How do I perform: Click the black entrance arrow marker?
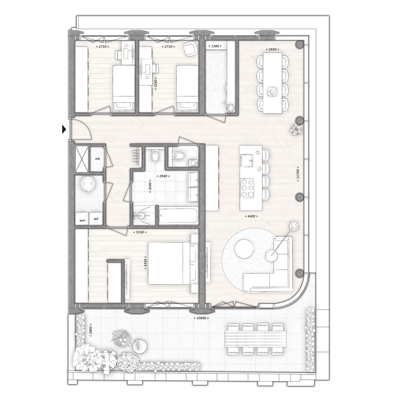tap(64, 129)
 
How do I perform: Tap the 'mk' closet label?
tap(98, 159)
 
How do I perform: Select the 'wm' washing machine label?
tap(82, 220)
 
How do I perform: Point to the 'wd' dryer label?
tap(96, 219)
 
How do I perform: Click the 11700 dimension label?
tap(298, 174)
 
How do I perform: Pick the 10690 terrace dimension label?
tap(201, 318)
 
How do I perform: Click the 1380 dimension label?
tap(215, 46)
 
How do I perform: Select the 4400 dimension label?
tap(251, 216)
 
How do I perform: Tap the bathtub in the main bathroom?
tap(178, 215)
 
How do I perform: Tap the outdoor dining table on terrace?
tap(256, 342)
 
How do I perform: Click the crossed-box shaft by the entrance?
tap(82, 159)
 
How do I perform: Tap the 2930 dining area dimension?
tap(272, 49)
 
